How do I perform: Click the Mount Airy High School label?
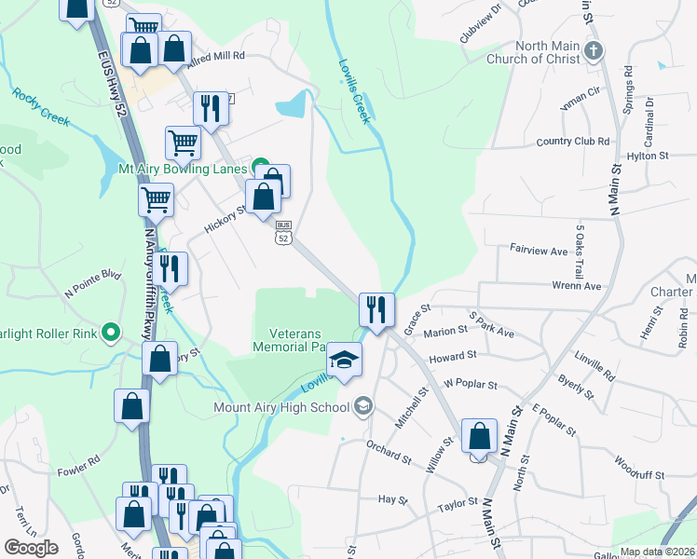[x=280, y=407]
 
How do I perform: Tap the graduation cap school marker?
[x=344, y=361]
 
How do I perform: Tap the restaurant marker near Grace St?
[x=376, y=308]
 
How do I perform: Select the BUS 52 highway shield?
[x=284, y=233]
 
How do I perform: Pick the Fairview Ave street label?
[x=539, y=251]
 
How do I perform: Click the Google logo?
[x=31, y=548]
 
